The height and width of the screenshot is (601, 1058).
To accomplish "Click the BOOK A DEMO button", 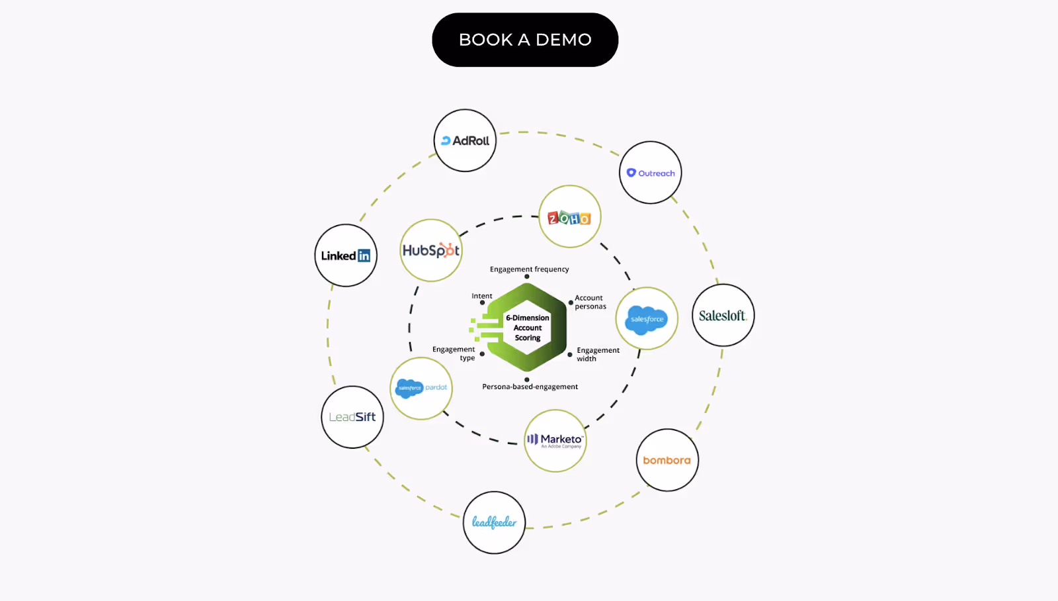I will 525,40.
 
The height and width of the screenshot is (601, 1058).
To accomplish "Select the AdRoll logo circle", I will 465,140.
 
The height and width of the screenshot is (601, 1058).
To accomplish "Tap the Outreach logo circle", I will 651,173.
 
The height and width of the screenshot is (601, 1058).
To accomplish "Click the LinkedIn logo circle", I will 346,255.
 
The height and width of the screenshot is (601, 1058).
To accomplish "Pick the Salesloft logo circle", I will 723,316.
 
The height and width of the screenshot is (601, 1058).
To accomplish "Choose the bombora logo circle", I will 667,460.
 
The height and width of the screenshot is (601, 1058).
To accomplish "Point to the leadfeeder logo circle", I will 494,522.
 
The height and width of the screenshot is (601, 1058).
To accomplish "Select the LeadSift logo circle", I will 352,417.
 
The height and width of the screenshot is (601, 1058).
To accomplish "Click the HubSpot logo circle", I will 431,250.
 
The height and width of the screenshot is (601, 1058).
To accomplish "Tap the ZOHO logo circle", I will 569,217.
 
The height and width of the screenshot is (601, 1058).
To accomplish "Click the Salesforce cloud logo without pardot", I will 647,318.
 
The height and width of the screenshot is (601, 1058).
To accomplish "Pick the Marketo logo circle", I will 555,440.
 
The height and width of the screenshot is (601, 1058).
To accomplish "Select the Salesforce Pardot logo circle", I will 421,388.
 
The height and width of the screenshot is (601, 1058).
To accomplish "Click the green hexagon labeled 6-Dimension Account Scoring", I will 527,327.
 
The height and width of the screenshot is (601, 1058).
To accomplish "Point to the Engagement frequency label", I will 529,269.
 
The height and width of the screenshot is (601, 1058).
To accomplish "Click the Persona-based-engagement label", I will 530,387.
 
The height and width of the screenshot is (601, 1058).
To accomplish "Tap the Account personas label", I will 590,302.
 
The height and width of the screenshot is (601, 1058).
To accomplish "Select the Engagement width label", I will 598,354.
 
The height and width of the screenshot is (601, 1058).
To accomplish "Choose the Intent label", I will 481,296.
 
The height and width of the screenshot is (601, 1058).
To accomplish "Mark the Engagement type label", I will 454,353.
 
